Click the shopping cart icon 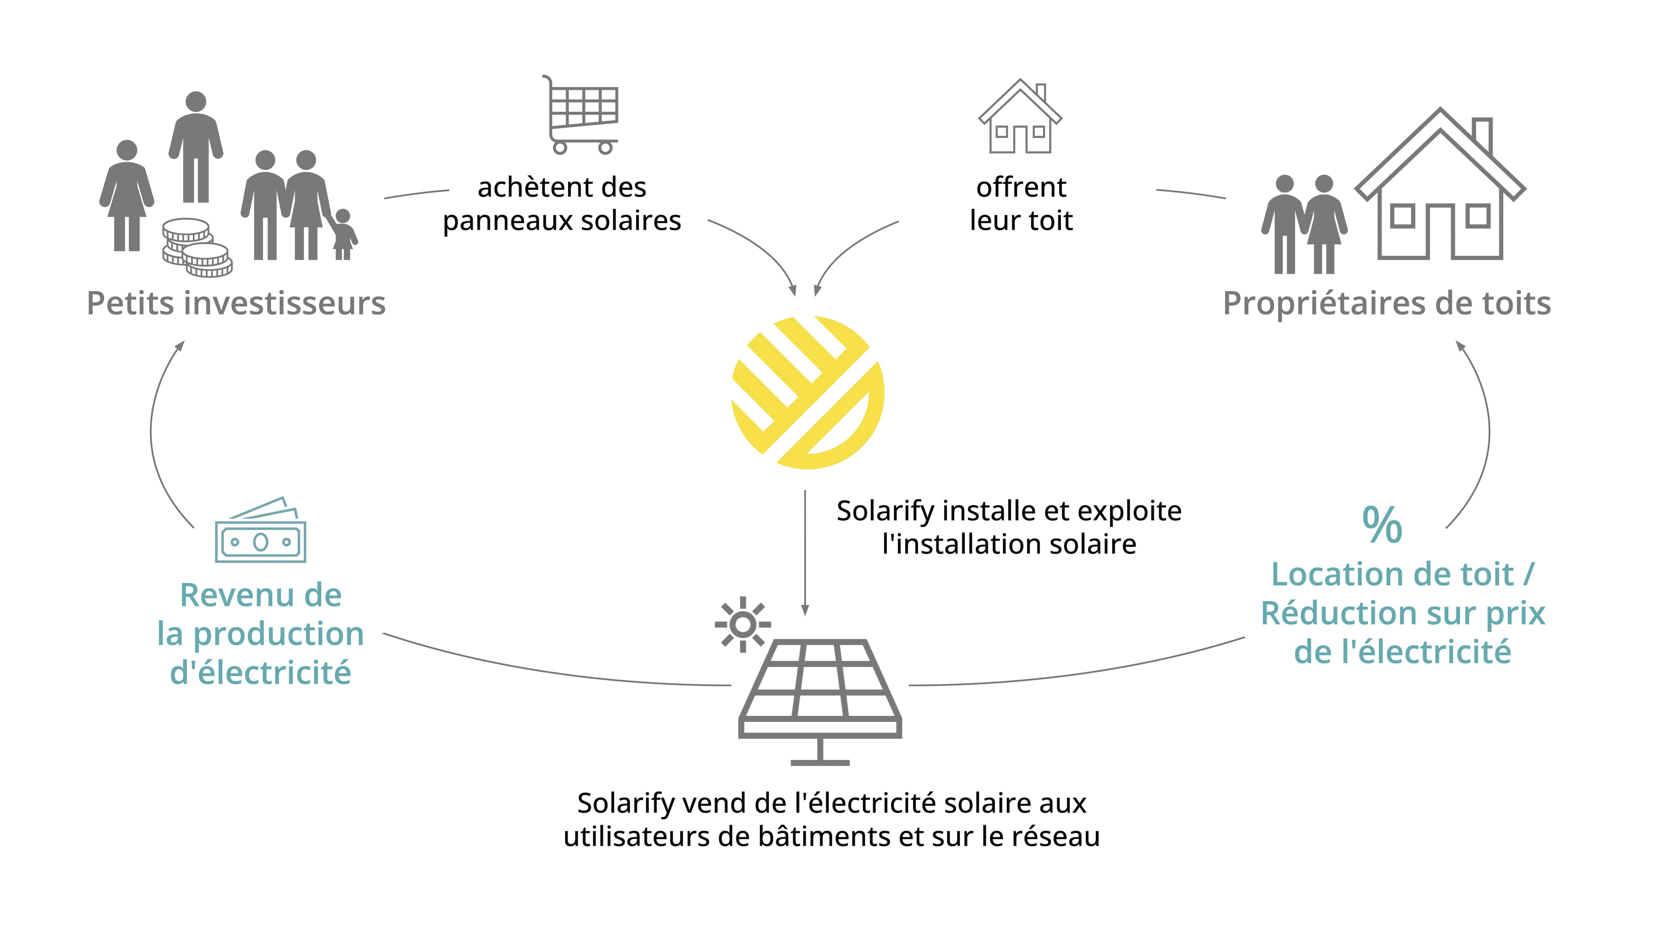pyautogui.click(x=580, y=115)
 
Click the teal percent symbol pyautogui.click(x=1382, y=524)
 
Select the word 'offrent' pyautogui.click(x=1021, y=187)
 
